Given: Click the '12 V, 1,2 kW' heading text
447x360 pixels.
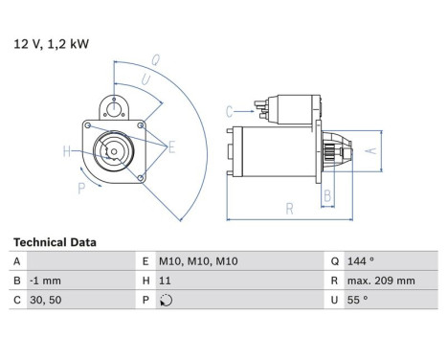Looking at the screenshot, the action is pyautogui.click(x=51, y=44).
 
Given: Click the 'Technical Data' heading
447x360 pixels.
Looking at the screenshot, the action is pyautogui.click(x=55, y=242).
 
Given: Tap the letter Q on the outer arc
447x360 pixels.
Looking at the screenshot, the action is pyautogui.click(x=155, y=60).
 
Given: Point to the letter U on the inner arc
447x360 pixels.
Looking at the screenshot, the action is pyautogui.click(x=145, y=79).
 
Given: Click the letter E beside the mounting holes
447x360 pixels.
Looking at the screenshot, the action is pyautogui.click(x=171, y=147).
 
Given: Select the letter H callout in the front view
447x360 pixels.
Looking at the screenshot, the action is pyautogui.click(x=67, y=151).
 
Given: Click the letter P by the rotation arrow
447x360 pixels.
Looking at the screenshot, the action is pyautogui.click(x=81, y=189).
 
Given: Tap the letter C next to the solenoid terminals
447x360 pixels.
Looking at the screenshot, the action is pyautogui.click(x=229, y=112).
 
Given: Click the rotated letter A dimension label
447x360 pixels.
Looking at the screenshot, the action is pyautogui.click(x=371, y=150).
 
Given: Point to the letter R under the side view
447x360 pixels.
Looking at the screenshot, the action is pyautogui.click(x=289, y=209).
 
